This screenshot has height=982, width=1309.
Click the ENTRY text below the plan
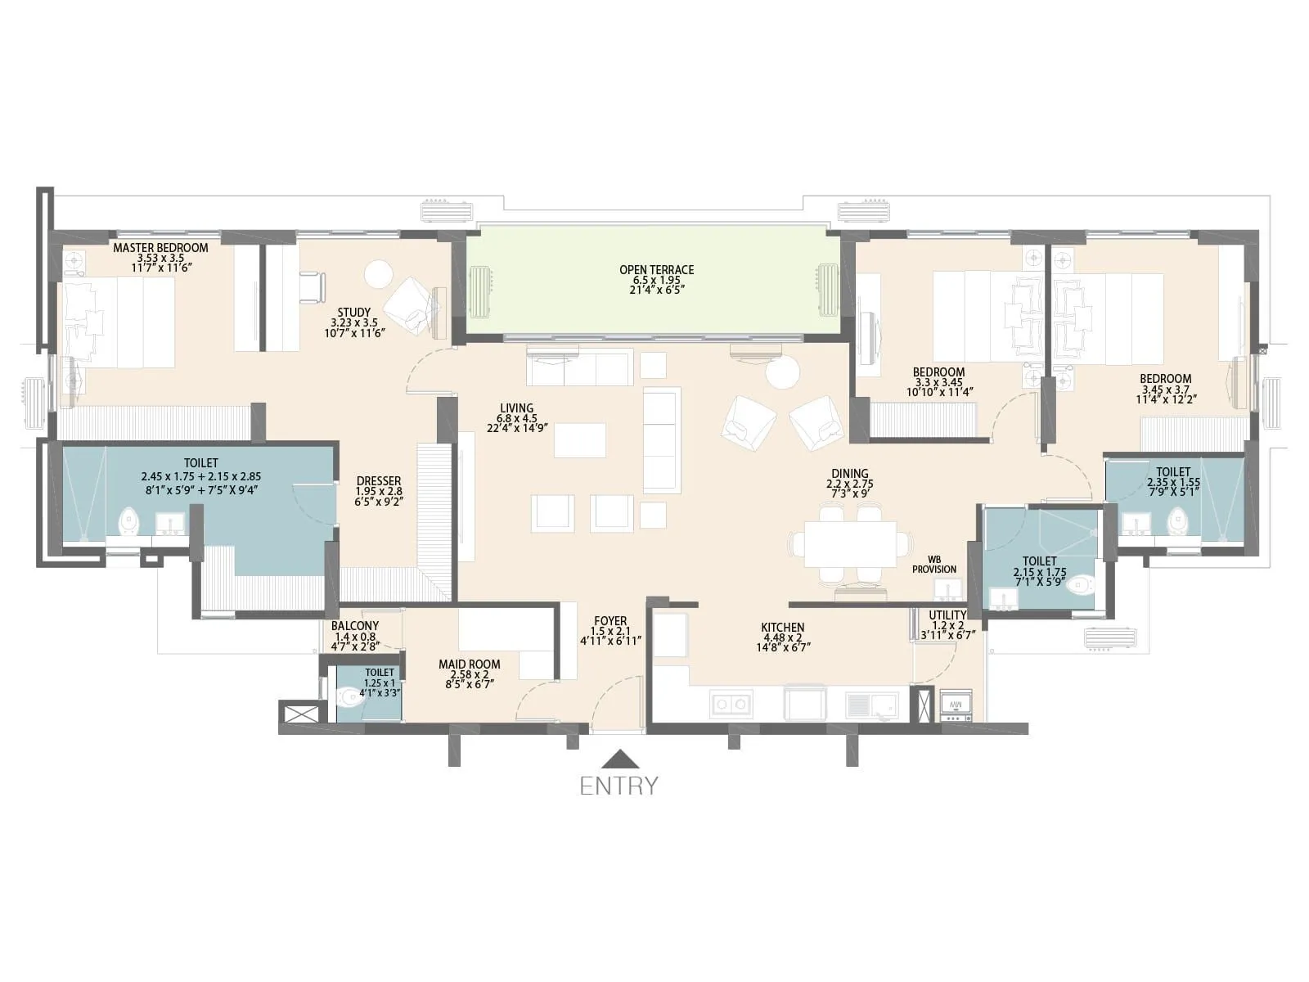pyautogui.click(x=619, y=786)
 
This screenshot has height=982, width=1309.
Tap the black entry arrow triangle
pyautogui.click(x=620, y=759)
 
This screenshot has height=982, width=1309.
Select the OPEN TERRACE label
pyautogui.click(x=656, y=269)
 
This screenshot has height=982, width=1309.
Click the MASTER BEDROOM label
pyautogui.click(x=160, y=247)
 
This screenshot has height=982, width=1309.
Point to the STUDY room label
pyautogui.click(x=353, y=312)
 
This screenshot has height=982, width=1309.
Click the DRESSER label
pyautogui.click(x=379, y=481)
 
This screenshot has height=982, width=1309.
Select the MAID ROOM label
pyautogui.click(x=469, y=664)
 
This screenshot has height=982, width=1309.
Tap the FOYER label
pyautogui.click(x=610, y=621)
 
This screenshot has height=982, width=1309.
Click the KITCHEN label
pyautogui.click(x=783, y=627)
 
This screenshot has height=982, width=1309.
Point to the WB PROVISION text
pyautogui.click(x=934, y=565)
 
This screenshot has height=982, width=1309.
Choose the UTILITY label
pyautogui.click(x=947, y=615)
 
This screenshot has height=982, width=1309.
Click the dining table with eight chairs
pyautogui.click(x=850, y=544)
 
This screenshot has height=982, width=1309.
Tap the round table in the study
pyautogui.click(x=379, y=274)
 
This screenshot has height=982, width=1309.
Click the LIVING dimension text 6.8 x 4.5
pyautogui.click(x=517, y=418)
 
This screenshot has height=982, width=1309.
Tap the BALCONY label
pyautogui.click(x=355, y=625)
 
